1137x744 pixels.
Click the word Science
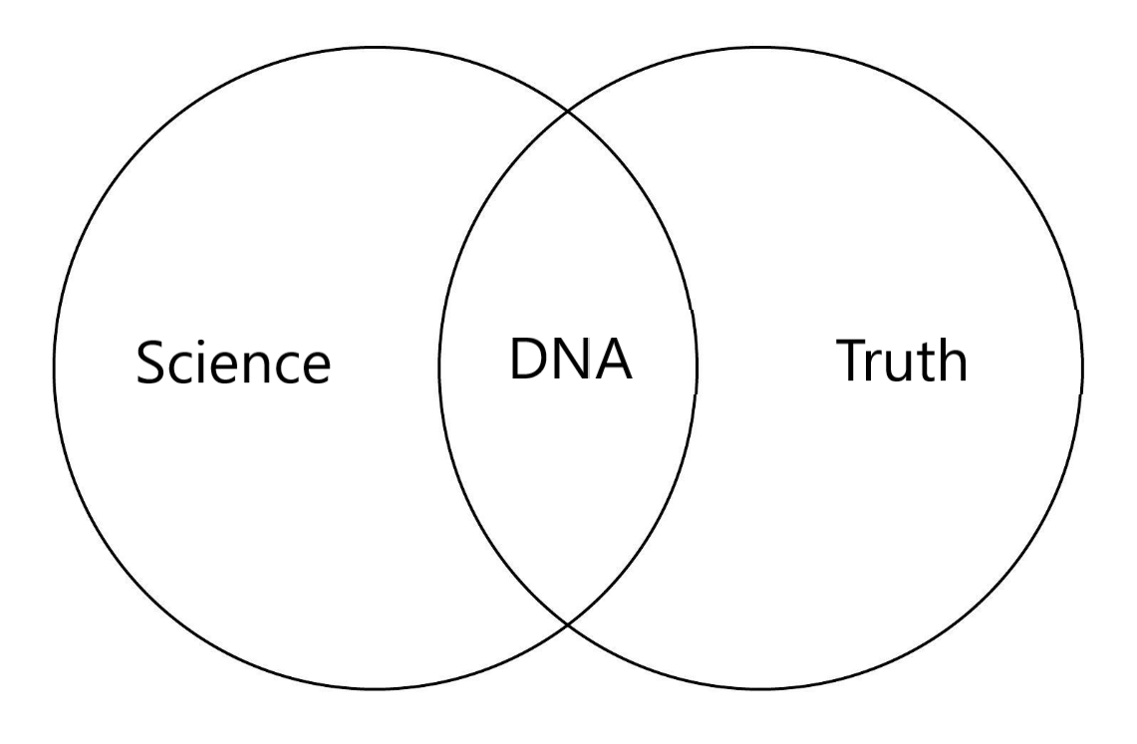(x=233, y=364)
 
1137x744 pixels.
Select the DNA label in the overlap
(x=570, y=361)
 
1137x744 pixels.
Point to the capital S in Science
(x=152, y=365)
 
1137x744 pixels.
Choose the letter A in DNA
(x=612, y=361)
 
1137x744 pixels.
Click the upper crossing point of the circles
(x=568, y=111)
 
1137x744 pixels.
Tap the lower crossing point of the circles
(x=568, y=624)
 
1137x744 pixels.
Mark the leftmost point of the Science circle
(x=54, y=368)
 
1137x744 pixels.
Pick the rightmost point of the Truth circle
(x=1082, y=368)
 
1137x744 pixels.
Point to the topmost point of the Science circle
(x=376, y=46)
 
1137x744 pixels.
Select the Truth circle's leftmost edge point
(x=439, y=368)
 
